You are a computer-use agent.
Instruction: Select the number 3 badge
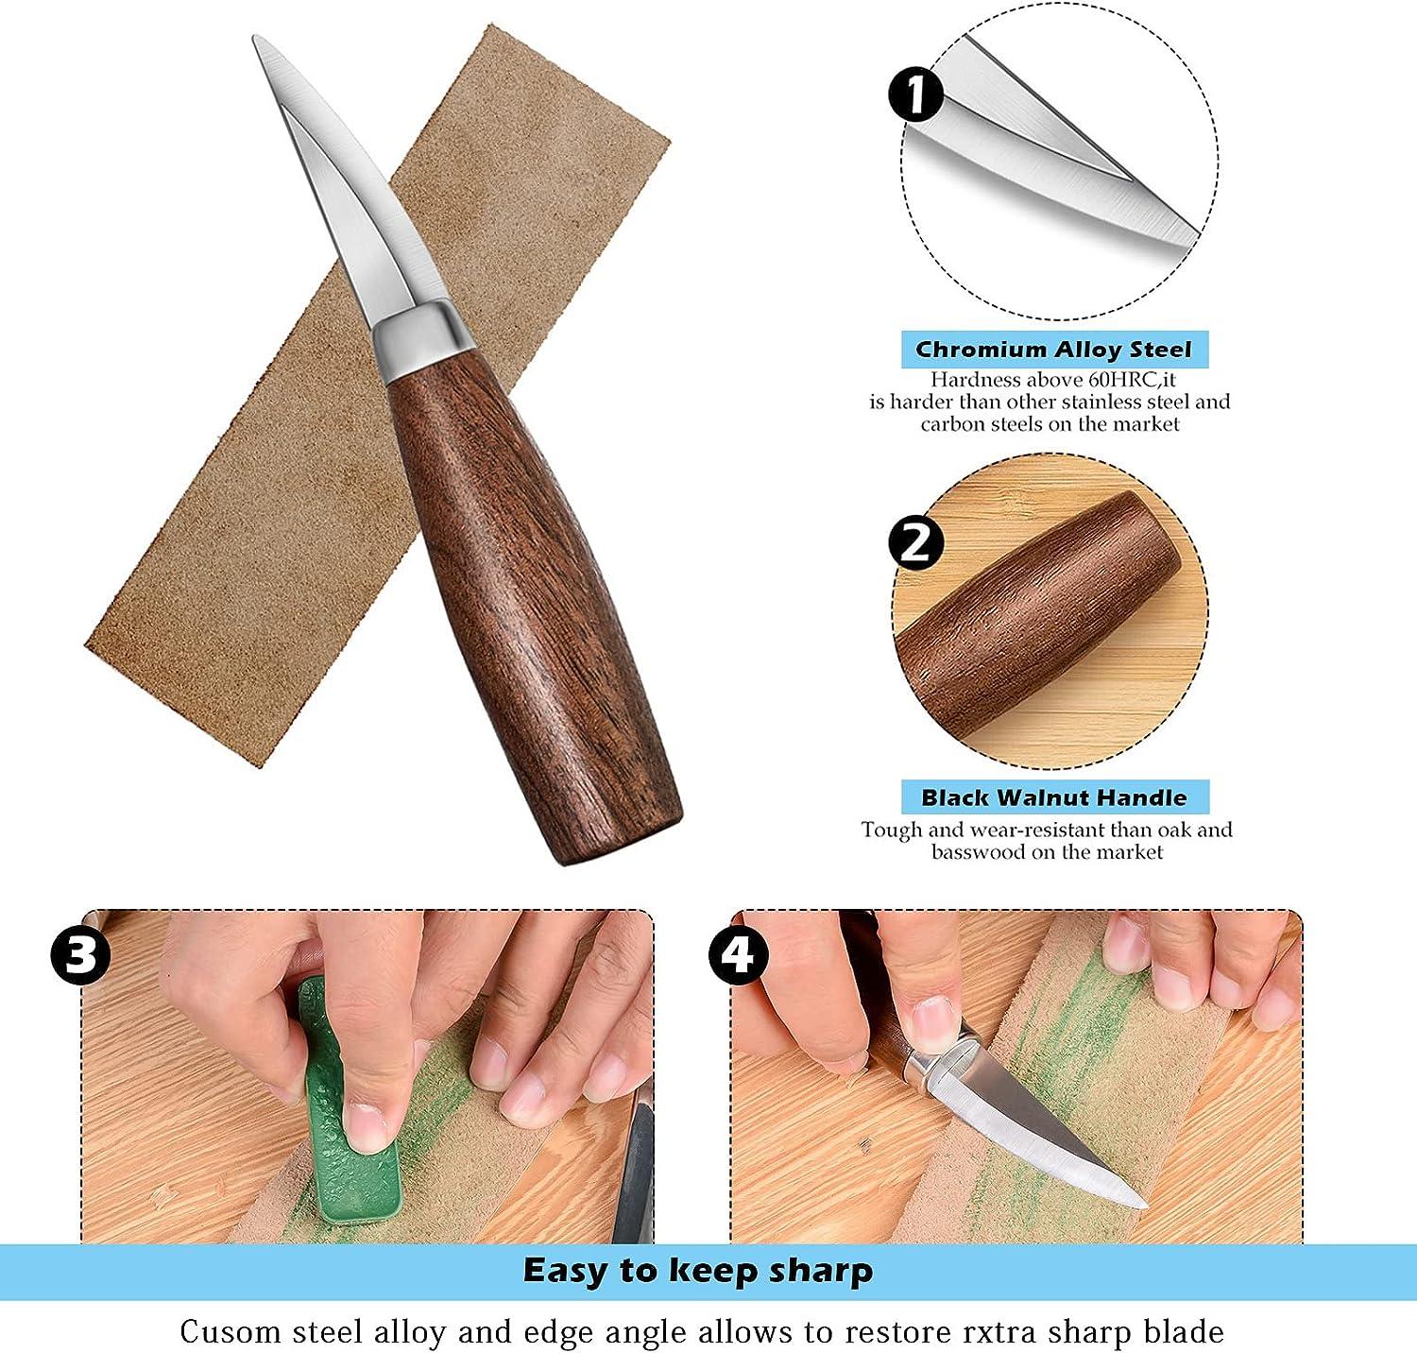[x=80, y=954]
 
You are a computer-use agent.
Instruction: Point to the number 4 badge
[x=739, y=954]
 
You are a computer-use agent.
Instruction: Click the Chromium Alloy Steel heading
[x=1053, y=350]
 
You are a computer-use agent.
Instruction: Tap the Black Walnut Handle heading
[x=1053, y=797]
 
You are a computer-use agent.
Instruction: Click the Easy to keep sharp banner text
[x=698, y=1271]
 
